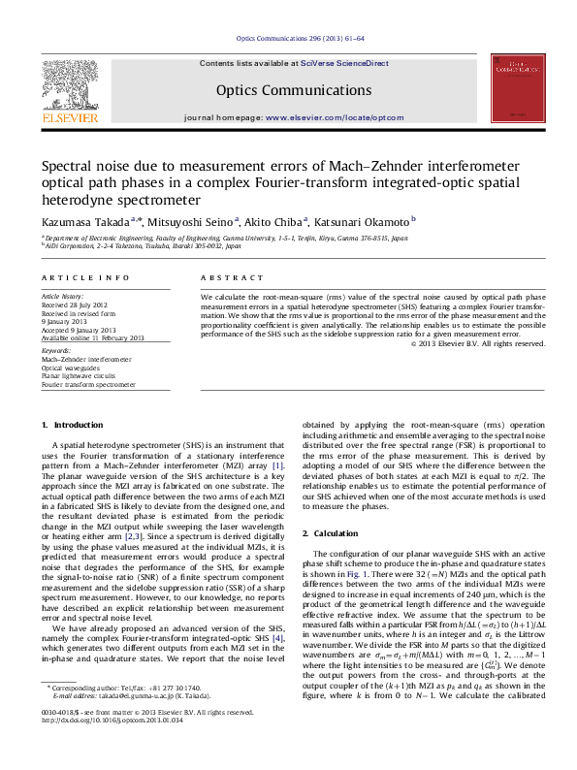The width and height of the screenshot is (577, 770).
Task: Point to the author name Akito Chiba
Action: point(273,220)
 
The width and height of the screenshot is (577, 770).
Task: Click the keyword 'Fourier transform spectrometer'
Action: point(88,385)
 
